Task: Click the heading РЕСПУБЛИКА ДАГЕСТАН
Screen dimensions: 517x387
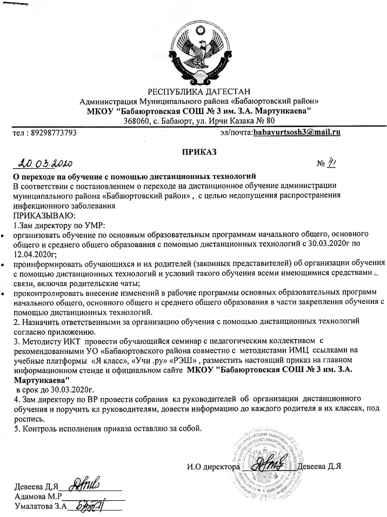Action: [194, 90]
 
